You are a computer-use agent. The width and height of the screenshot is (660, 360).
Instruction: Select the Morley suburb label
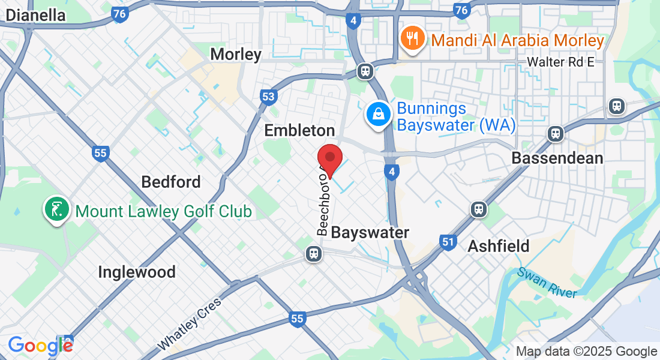pos(236,55)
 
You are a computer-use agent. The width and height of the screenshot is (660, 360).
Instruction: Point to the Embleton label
pos(299,130)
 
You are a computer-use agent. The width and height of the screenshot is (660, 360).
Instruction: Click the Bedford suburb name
pos(170,181)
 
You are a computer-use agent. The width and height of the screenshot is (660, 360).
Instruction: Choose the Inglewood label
pos(137,272)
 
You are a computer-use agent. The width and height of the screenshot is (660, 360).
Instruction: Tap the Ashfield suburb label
pos(498,246)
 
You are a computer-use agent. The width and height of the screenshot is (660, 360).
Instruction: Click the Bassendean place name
pos(557,158)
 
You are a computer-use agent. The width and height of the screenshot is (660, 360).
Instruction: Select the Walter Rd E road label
pos(560,62)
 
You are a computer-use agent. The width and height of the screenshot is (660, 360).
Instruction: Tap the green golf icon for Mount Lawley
pos(55,210)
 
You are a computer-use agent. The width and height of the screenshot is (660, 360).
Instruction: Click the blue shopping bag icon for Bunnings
pos(379,113)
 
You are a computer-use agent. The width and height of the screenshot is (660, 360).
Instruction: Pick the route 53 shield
pos(269,97)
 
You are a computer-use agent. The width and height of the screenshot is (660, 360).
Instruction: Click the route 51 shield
pos(447,241)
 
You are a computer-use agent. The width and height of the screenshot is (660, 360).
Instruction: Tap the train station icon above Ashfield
pos(478,209)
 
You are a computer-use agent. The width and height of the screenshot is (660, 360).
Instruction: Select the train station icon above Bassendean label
pos(556,133)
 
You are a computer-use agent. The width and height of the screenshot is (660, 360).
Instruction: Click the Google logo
pos(40,345)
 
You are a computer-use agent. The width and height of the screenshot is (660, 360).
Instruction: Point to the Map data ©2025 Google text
pos(587,352)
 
